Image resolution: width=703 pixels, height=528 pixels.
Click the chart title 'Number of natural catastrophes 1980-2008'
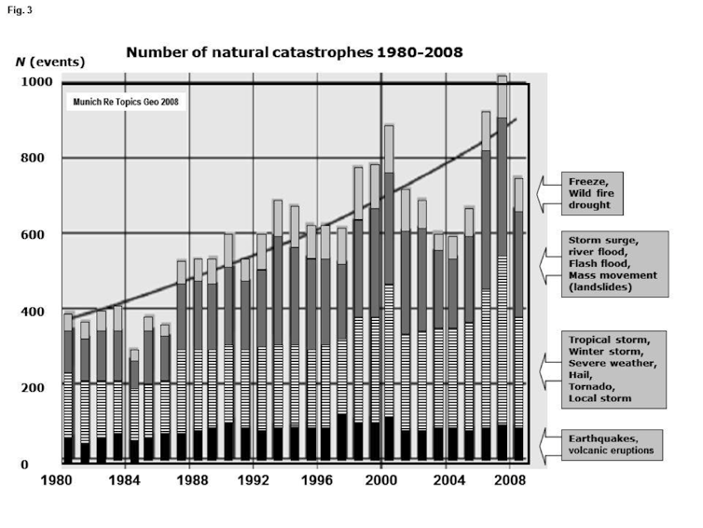294,52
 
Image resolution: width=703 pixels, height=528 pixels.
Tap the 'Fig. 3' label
20,10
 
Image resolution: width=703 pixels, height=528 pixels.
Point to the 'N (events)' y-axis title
50,62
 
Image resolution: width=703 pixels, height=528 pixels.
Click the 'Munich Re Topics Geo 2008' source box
126,102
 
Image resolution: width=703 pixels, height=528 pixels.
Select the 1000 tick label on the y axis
36,82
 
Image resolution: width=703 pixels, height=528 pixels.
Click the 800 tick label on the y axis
33,158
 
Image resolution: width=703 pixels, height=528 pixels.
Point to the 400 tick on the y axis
33,312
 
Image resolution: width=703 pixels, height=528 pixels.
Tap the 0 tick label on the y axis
24,465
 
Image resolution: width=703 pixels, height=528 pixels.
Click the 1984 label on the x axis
125,481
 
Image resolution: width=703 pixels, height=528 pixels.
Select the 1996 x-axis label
316,481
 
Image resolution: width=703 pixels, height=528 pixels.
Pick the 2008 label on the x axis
509,481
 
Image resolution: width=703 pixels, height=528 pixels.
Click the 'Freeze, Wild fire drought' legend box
592,193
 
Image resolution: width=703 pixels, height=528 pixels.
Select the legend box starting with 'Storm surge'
614,264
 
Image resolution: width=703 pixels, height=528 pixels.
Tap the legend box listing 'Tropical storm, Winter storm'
613,369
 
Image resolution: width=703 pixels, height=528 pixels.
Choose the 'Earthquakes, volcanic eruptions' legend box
612,445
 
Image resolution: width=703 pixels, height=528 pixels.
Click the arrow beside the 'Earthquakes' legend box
549,445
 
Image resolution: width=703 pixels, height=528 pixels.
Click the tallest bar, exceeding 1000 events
503,268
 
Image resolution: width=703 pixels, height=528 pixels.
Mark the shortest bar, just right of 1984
134,405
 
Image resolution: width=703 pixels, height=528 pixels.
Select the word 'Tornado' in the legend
591,387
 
